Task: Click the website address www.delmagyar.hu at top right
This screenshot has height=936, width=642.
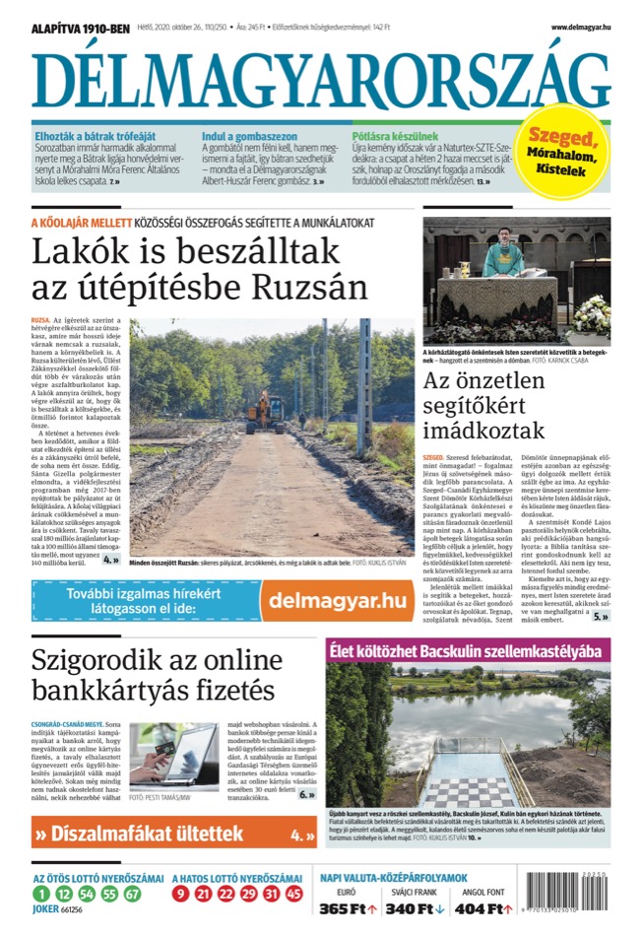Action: click(x=581, y=27)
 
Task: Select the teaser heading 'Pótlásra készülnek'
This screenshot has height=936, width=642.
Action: click(x=395, y=135)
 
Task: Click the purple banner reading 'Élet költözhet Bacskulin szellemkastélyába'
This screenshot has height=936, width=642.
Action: click(x=468, y=651)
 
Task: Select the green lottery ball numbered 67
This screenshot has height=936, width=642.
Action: click(x=132, y=894)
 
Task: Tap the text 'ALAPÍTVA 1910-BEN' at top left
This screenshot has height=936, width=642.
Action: click(x=82, y=28)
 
